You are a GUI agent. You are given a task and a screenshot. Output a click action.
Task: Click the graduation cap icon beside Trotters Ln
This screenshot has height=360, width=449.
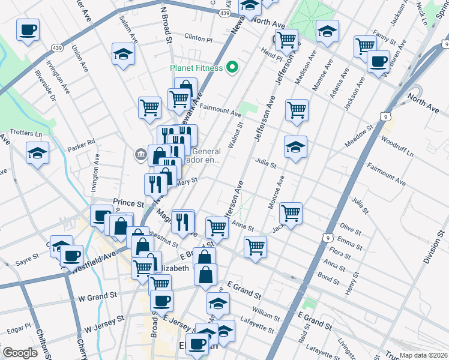(38, 153)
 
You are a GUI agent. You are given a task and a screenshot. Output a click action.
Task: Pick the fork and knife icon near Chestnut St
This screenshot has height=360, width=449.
(182, 221)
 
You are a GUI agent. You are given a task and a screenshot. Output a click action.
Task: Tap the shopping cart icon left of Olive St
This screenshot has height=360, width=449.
(291, 212)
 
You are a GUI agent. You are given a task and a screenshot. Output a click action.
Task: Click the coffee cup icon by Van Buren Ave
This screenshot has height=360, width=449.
(378, 61)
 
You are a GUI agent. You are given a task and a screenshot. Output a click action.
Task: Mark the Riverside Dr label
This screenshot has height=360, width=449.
(45, 86)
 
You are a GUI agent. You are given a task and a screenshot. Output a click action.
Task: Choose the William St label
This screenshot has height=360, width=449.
(266, 313)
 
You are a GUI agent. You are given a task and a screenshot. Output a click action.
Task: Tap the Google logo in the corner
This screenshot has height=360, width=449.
(20, 353)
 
